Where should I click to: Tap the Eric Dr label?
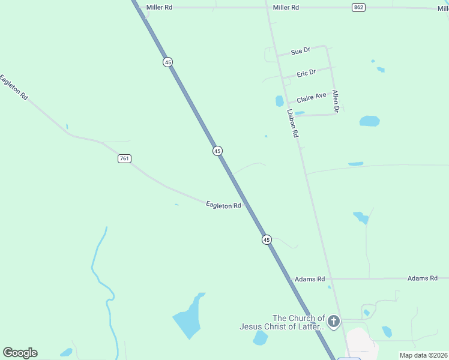tap(306, 73)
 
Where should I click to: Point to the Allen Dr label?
tap(336, 101)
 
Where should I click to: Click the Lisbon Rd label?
tap(292, 123)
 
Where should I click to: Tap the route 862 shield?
tap(358, 7)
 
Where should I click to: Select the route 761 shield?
tap(124, 158)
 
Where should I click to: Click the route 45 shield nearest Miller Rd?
tap(167, 62)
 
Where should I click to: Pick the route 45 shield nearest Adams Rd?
tap(267, 239)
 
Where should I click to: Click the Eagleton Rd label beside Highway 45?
tap(223, 205)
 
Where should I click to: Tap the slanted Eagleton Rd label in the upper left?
tap(14, 87)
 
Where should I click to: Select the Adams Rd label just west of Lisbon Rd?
tap(309, 280)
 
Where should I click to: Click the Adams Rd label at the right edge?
tap(427, 278)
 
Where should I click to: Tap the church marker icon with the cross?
tap(334, 322)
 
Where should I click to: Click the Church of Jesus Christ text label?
tap(282, 322)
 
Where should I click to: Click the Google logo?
tap(20, 353)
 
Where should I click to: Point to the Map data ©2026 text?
tap(423, 355)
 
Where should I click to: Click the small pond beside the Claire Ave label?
tap(279, 101)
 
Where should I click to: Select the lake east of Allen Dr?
tap(369, 121)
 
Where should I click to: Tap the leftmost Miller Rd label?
tap(159, 7)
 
